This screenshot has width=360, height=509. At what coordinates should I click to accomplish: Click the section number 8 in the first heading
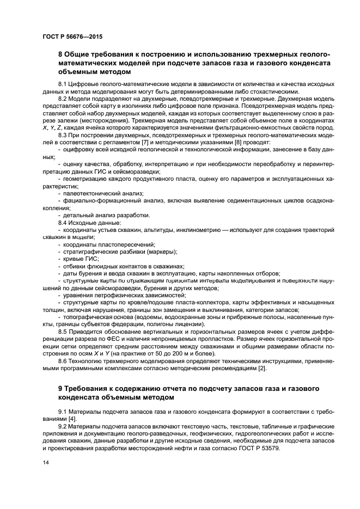[x=60, y=54]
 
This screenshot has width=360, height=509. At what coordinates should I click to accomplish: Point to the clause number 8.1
[x=63, y=84]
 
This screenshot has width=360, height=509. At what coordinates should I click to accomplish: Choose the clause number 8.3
[x=63, y=134]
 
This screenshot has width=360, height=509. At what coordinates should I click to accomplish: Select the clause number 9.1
[x=63, y=411]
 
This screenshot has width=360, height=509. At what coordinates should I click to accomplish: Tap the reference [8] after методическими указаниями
[x=241, y=142]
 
